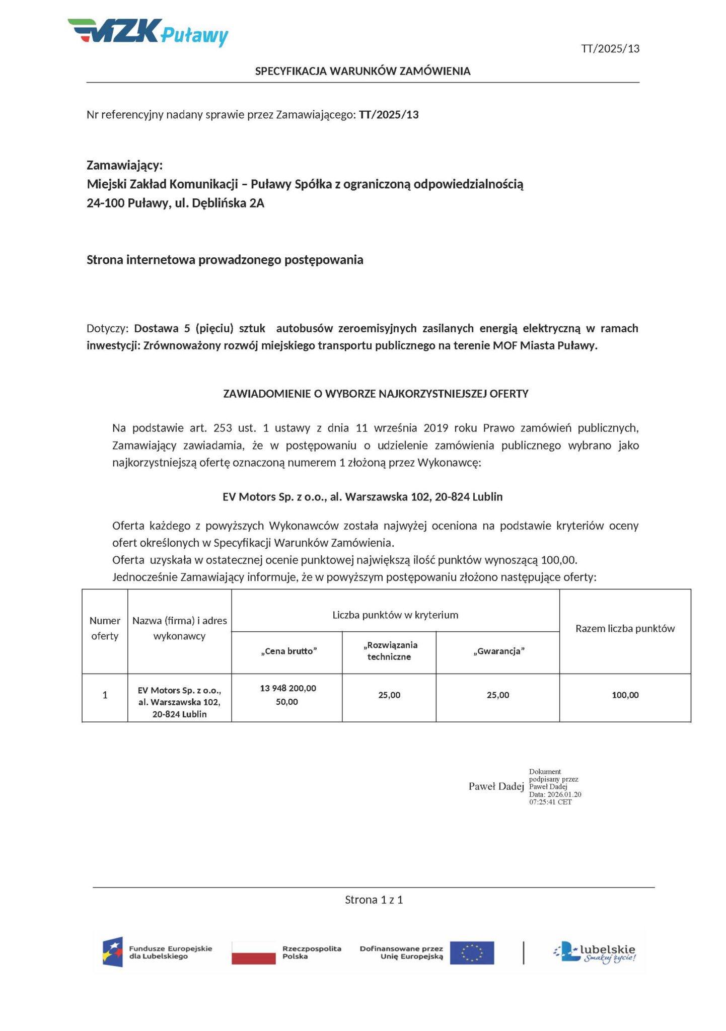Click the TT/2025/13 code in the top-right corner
(x=610, y=49)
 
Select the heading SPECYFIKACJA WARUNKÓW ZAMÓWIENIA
(x=362, y=71)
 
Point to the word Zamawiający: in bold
(x=125, y=165)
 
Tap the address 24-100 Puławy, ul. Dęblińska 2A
(x=175, y=203)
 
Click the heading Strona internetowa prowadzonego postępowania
(x=225, y=260)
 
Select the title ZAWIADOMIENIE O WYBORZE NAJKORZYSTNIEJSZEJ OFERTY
(x=376, y=394)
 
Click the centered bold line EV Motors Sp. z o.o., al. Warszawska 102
(x=362, y=497)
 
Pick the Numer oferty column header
(x=105, y=628)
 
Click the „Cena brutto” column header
(x=288, y=651)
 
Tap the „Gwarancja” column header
(x=498, y=651)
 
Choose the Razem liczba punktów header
(x=625, y=628)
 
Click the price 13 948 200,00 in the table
(x=288, y=688)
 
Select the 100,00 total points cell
(x=625, y=695)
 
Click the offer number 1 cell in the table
(x=105, y=695)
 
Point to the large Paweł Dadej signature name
(x=496, y=786)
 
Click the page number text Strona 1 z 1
(x=374, y=900)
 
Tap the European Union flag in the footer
(x=472, y=952)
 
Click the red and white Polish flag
(x=253, y=952)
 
